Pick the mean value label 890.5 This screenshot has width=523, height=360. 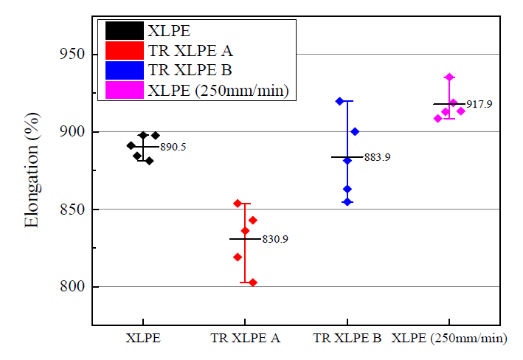(x=173, y=148)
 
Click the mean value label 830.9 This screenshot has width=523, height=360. (x=275, y=240)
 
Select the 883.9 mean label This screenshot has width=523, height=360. (x=377, y=157)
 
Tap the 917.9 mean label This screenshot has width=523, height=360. (x=479, y=105)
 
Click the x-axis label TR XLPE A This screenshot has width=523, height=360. (x=245, y=339)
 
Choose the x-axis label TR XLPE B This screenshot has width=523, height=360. (x=347, y=339)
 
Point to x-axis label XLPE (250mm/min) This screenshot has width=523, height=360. (x=449, y=339)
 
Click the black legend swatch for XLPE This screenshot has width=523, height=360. (x=123, y=31)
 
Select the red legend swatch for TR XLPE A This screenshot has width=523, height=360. (x=123, y=51)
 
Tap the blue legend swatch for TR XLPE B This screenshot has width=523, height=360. (x=123, y=71)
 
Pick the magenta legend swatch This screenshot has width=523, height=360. (x=123, y=91)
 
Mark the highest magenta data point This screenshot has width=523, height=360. (x=449, y=77)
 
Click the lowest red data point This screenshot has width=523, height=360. (x=252, y=283)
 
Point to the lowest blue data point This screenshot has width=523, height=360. (x=347, y=201)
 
